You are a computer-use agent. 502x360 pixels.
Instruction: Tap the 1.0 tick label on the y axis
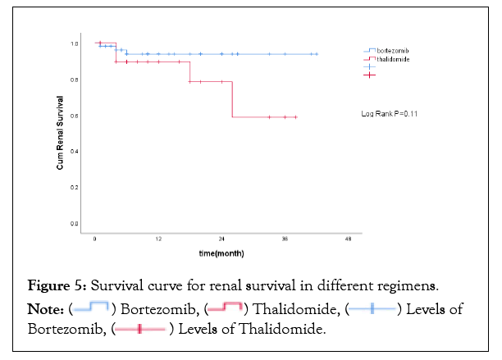click(74, 43)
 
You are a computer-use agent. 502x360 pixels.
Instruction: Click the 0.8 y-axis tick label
click(74, 80)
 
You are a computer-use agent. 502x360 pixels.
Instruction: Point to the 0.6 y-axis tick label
click(74, 116)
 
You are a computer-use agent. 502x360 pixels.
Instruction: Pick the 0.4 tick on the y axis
click(74, 152)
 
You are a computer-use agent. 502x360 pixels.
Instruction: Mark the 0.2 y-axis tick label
click(74, 188)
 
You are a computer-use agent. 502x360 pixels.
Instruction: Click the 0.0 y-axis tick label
click(74, 224)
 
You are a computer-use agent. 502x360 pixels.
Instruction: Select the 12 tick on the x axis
click(158, 239)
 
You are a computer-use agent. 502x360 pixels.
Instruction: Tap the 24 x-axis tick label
click(221, 239)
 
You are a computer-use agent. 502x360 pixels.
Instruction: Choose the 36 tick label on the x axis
click(285, 239)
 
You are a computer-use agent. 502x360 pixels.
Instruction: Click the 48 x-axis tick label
click(348, 239)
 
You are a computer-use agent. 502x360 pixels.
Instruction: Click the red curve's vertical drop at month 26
click(232, 99)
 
